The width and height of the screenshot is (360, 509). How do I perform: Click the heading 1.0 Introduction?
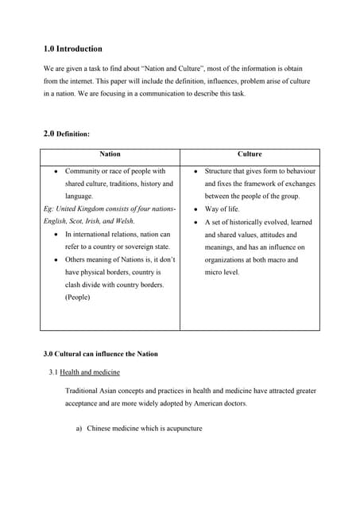72,49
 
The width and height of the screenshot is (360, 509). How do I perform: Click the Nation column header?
110,153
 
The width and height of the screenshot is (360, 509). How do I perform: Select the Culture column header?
250,153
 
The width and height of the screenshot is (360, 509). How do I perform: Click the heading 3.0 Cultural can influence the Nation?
100,354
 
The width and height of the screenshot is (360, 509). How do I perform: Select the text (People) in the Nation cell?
78,297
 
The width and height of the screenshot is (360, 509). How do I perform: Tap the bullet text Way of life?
223,209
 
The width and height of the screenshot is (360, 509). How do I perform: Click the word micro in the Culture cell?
214,272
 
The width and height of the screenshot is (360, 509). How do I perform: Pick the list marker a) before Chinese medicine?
79,429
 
